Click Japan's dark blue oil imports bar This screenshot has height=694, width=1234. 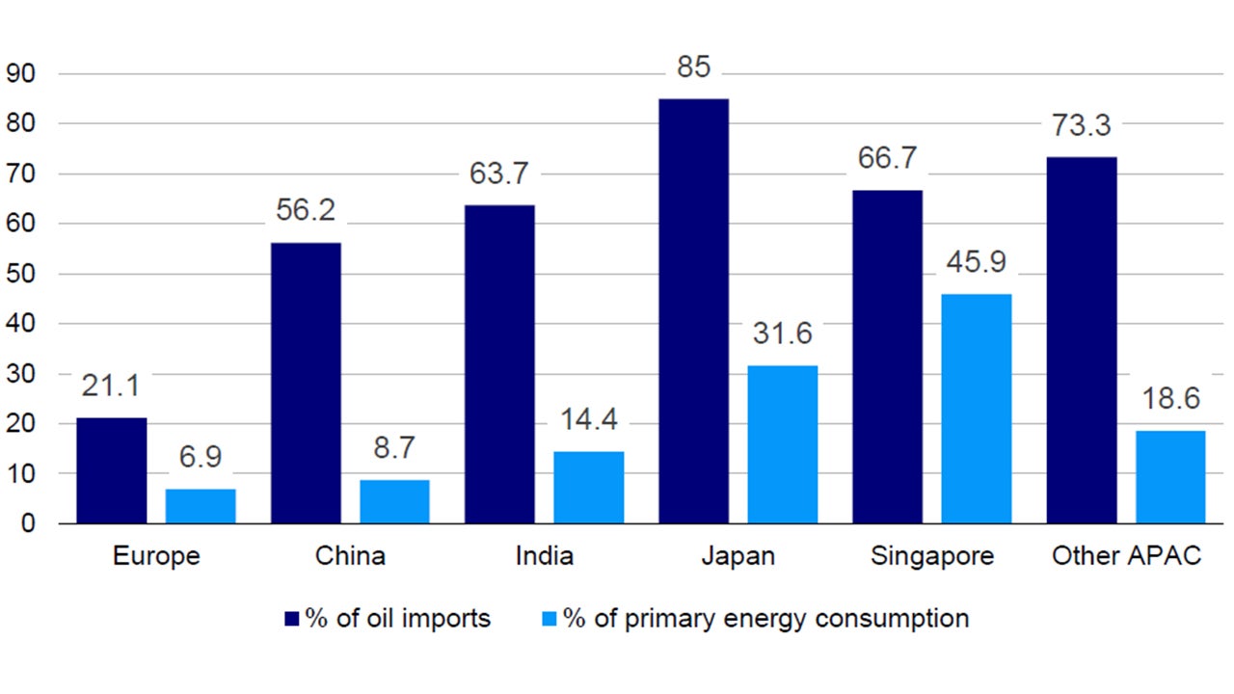pyautogui.click(x=693, y=310)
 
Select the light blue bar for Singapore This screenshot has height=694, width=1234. pyautogui.click(x=976, y=409)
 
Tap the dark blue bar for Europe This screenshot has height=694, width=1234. pyautogui.click(x=112, y=470)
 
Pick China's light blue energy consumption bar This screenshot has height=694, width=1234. pyautogui.click(x=393, y=501)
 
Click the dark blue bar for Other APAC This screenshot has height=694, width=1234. pyautogui.click(x=1082, y=340)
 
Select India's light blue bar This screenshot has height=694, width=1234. pyautogui.click(x=588, y=487)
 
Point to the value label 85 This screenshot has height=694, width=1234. pyautogui.click(x=693, y=68)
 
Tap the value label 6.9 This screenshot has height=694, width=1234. pyautogui.click(x=201, y=458)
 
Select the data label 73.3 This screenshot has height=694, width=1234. pyautogui.click(x=1082, y=126)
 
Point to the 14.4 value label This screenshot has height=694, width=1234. pyautogui.click(x=588, y=420)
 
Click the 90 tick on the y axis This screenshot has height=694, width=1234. pyautogui.click(x=20, y=73)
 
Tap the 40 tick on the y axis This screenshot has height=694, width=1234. pyautogui.click(x=20, y=324)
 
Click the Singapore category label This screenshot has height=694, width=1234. pyautogui.click(x=931, y=557)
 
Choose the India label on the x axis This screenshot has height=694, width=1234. pyautogui.click(x=544, y=556)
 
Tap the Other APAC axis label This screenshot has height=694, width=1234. pyautogui.click(x=1126, y=556)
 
